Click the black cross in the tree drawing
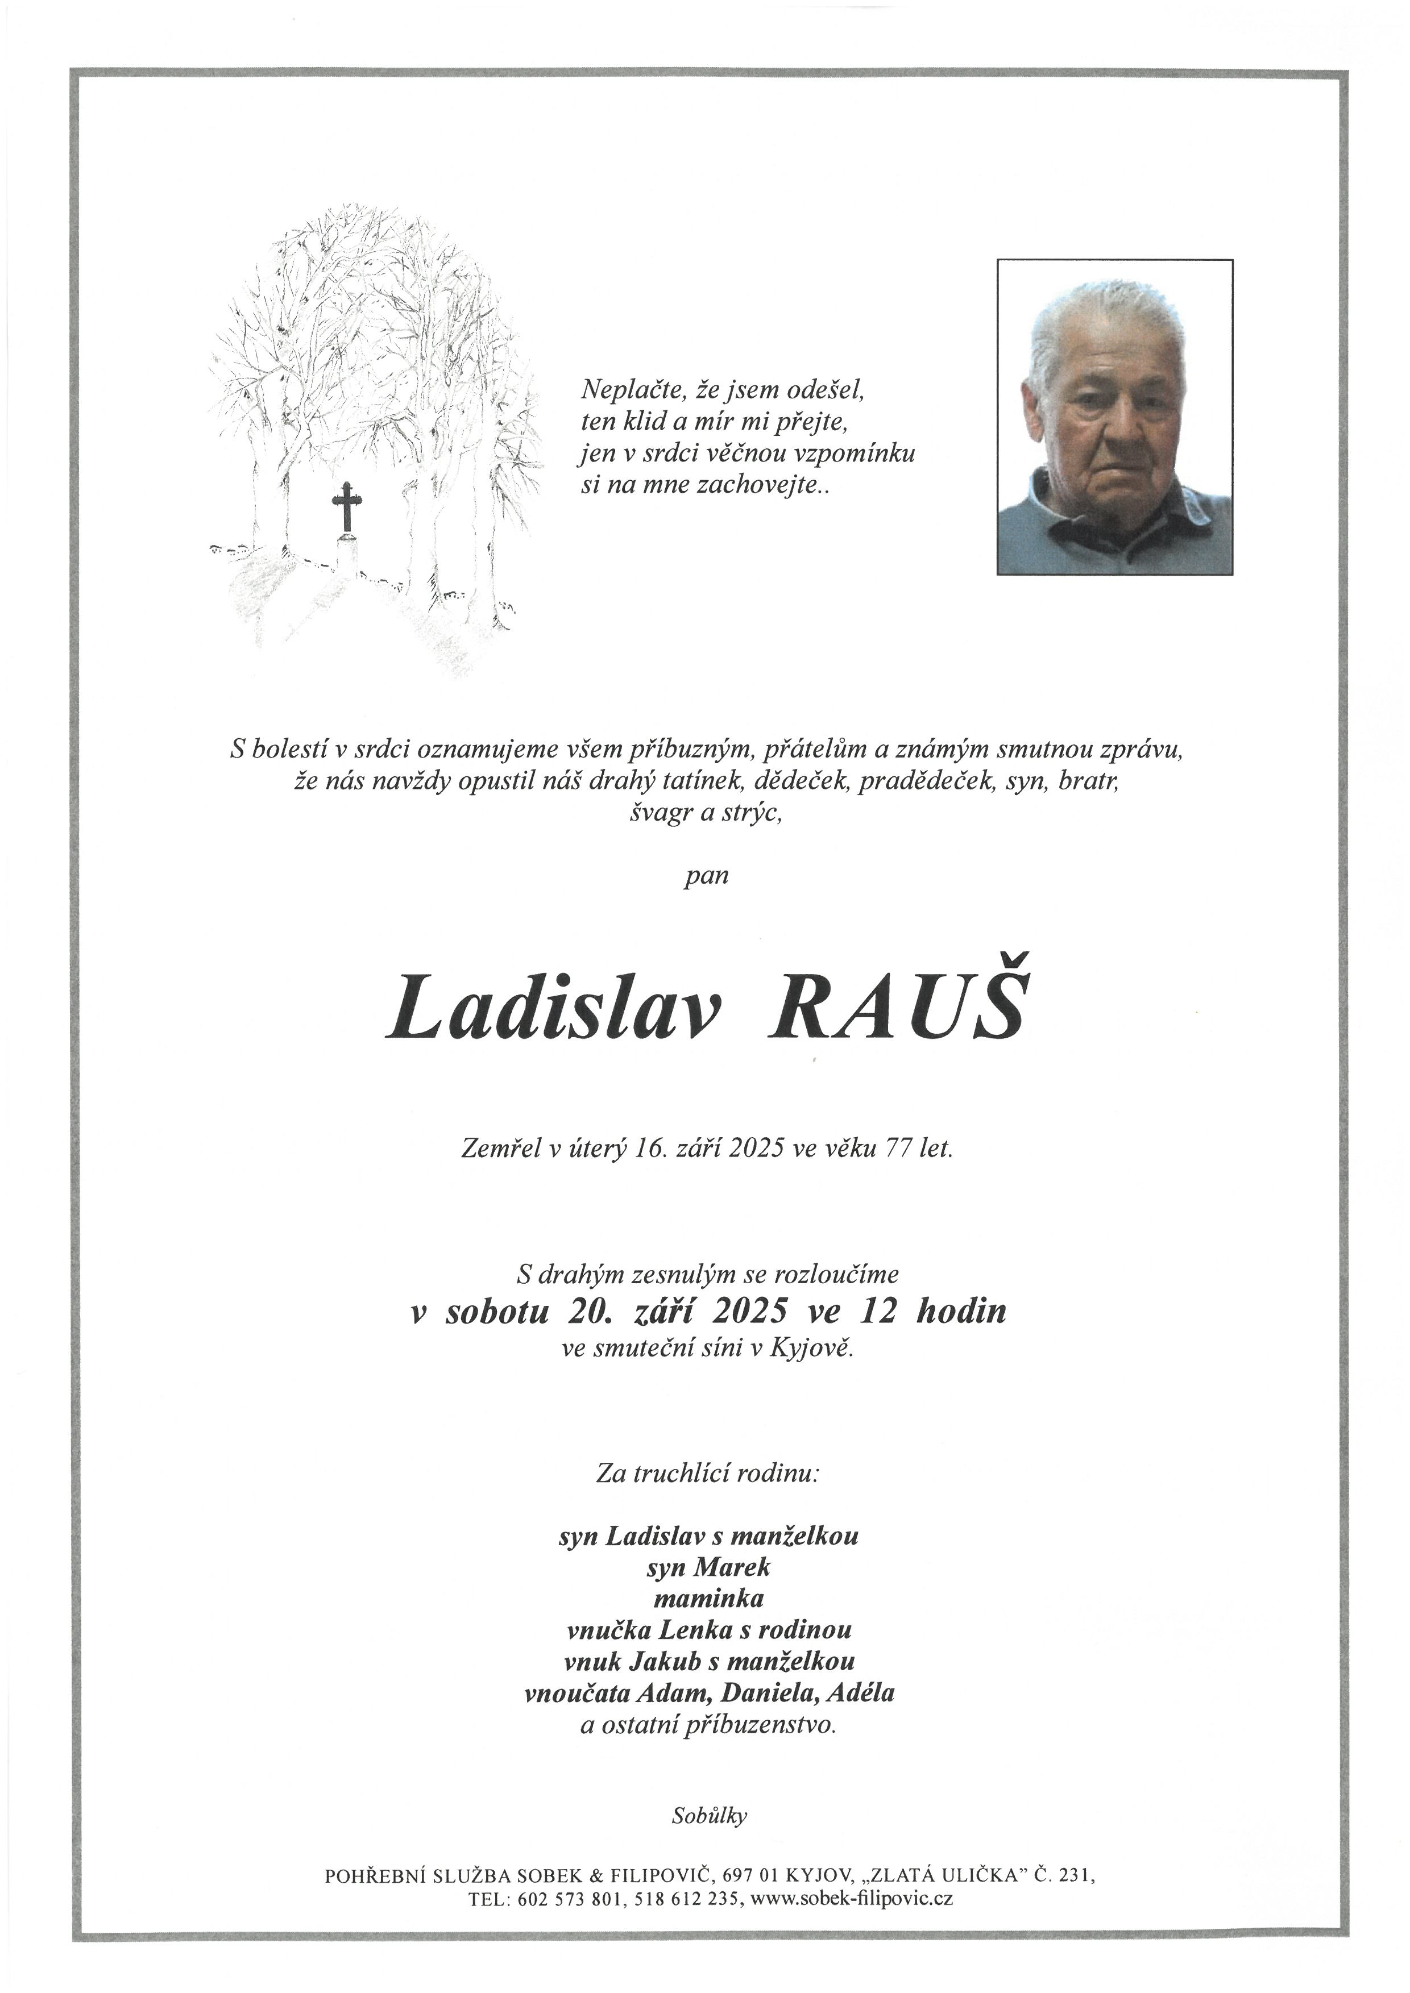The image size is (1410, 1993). click(346, 506)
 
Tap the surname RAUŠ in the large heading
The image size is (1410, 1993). click(895, 1008)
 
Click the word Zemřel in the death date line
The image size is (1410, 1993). click(501, 1149)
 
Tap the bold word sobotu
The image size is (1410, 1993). click(496, 1310)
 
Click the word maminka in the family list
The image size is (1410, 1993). click(708, 1598)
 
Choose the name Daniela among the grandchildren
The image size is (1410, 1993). click(774, 1692)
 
